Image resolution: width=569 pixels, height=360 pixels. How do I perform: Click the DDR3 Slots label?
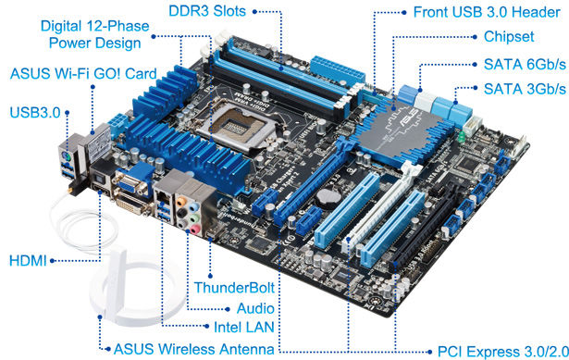(207, 11)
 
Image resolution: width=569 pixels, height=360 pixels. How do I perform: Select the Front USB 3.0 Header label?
(487, 12)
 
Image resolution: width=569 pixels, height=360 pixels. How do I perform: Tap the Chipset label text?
(509, 37)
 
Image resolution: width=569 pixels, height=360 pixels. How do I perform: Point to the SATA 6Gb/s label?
(525, 65)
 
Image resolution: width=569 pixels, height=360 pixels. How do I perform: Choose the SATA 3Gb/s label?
(525, 89)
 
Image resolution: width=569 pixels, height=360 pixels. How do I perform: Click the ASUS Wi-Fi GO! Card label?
(83, 74)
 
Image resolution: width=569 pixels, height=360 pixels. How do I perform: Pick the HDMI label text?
(28, 261)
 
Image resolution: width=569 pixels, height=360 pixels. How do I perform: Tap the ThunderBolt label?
(234, 288)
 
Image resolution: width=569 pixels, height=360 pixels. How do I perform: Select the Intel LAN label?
(244, 328)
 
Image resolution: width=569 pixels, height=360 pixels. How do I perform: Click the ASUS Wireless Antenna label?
(193, 349)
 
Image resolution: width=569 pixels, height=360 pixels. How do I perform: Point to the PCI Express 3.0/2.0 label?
(503, 352)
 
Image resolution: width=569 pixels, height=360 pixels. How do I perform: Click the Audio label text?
(255, 309)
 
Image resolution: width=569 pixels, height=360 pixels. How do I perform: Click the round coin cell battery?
(328, 197)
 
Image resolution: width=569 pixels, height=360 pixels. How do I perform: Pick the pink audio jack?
(195, 230)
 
